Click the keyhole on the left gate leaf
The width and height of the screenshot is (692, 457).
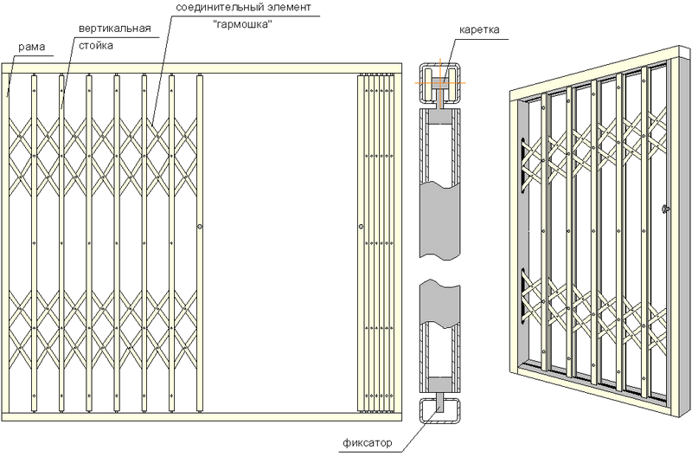click(x=200, y=227)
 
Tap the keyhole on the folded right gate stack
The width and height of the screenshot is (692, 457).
click(x=359, y=228)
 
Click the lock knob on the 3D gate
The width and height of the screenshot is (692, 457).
click(x=663, y=209)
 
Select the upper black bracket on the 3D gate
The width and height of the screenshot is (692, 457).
click(x=527, y=164)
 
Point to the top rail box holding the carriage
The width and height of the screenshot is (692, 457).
click(x=439, y=80)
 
